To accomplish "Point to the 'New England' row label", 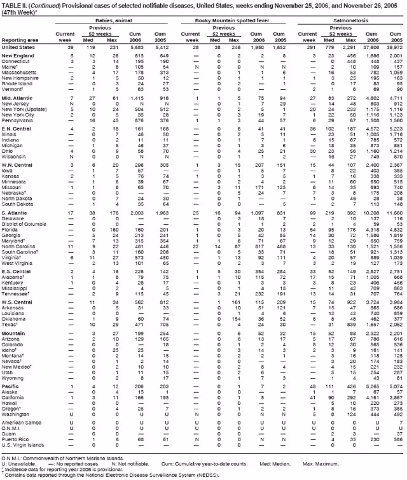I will [18, 56].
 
